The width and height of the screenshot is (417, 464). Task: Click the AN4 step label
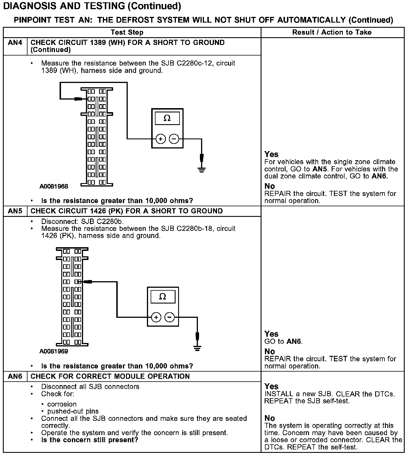click(x=15, y=43)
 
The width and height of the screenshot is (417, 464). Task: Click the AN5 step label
click(x=15, y=211)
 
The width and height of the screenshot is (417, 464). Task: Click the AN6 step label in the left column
click(x=15, y=376)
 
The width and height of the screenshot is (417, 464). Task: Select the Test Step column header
click(x=127, y=32)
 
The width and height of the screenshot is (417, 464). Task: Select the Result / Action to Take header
click(x=332, y=32)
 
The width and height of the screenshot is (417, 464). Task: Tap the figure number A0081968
click(x=54, y=187)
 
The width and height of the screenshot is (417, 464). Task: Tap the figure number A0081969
click(x=54, y=351)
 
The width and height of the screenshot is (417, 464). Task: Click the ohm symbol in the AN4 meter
click(x=167, y=118)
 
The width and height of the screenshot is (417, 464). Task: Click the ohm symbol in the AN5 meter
click(x=163, y=297)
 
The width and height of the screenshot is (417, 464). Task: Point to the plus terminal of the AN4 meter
click(x=161, y=139)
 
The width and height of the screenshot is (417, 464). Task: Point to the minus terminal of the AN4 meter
click(x=174, y=139)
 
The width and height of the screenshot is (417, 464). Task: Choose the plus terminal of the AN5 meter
click(x=156, y=317)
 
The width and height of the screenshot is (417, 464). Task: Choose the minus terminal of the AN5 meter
click(x=170, y=317)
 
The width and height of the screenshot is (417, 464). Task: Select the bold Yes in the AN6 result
click(x=272, y=386)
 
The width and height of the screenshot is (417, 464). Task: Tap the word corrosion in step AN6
click(x=62, y=404)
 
